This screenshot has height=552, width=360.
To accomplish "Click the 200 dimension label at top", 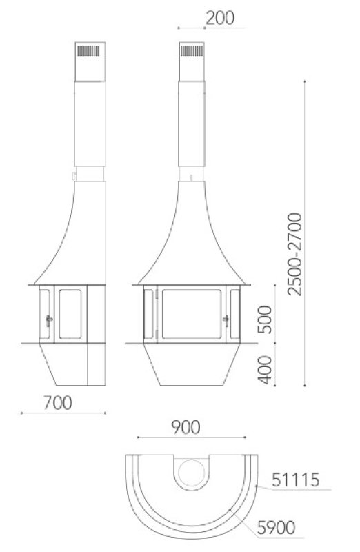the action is coord(220,18).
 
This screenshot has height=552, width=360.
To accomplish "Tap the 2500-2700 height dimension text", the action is coord(294,254).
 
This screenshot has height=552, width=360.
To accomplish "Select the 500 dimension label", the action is coord(265,319).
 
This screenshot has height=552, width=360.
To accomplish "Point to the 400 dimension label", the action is coord(265,370).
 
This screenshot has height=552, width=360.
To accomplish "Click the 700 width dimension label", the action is coord(58,403).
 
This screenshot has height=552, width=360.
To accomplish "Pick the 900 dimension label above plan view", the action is coord(186,427).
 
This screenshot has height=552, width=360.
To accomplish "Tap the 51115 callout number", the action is coord(296,480).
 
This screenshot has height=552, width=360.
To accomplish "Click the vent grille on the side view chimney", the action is coord(88,50).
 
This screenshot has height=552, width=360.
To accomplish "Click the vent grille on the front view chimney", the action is coord(192,50).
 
